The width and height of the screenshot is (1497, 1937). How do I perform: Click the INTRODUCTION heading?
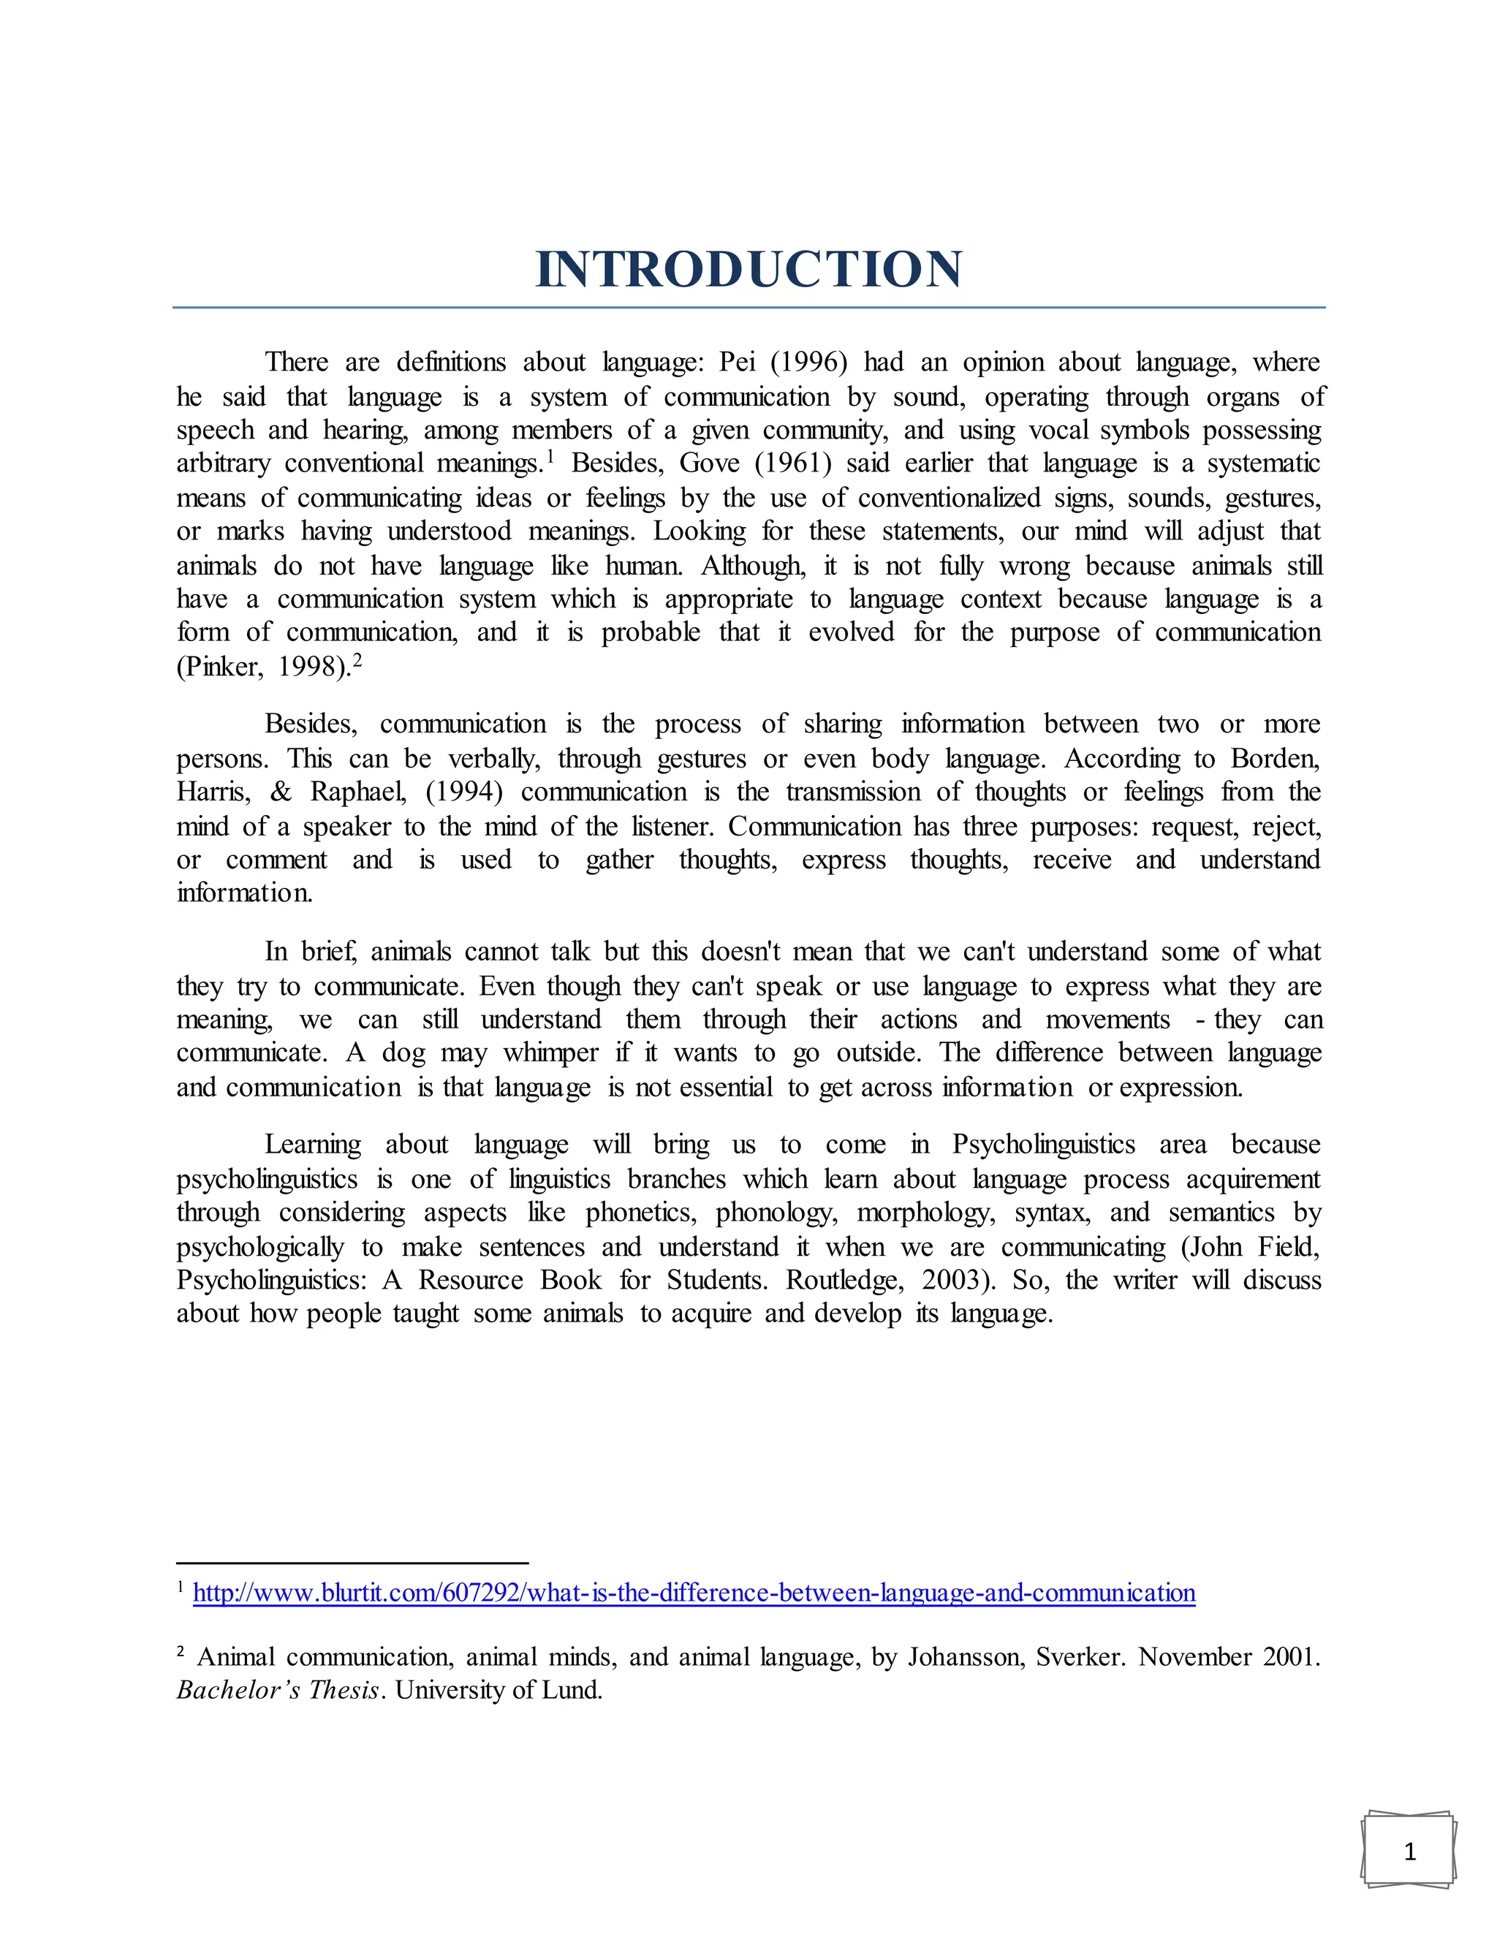(x=748, y=270)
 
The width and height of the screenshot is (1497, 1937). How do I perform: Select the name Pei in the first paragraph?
(x=736, y=363)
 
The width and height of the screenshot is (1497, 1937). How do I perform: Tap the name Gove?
(x=710, y=464)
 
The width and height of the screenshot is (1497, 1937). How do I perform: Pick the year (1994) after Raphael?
(x=464, y=792)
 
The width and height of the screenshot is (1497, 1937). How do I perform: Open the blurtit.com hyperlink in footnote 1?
(x=694, y=1593)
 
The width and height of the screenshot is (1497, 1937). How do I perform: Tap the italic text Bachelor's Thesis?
(x=279, y=1691)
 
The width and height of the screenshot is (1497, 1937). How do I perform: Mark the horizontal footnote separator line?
(x=352, y=1563)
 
